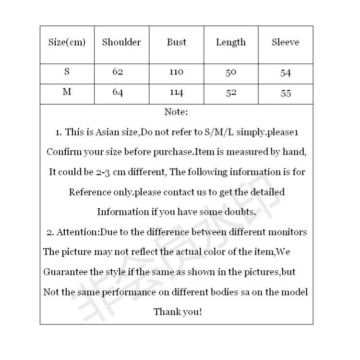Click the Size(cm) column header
point(67,42)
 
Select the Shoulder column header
point(121,42)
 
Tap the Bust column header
point(176,42)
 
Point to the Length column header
point(231,42)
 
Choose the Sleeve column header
point(285,42)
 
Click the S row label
point(67,72)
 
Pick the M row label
point(67,92)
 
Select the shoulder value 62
point(118,72)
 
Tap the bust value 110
point(176,72)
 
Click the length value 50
point(231,73)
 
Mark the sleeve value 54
point(286,73)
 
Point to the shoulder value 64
point(118,93)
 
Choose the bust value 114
point(176,93)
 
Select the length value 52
point(231,93)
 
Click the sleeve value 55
point(286,94)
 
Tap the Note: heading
point(176,112)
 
